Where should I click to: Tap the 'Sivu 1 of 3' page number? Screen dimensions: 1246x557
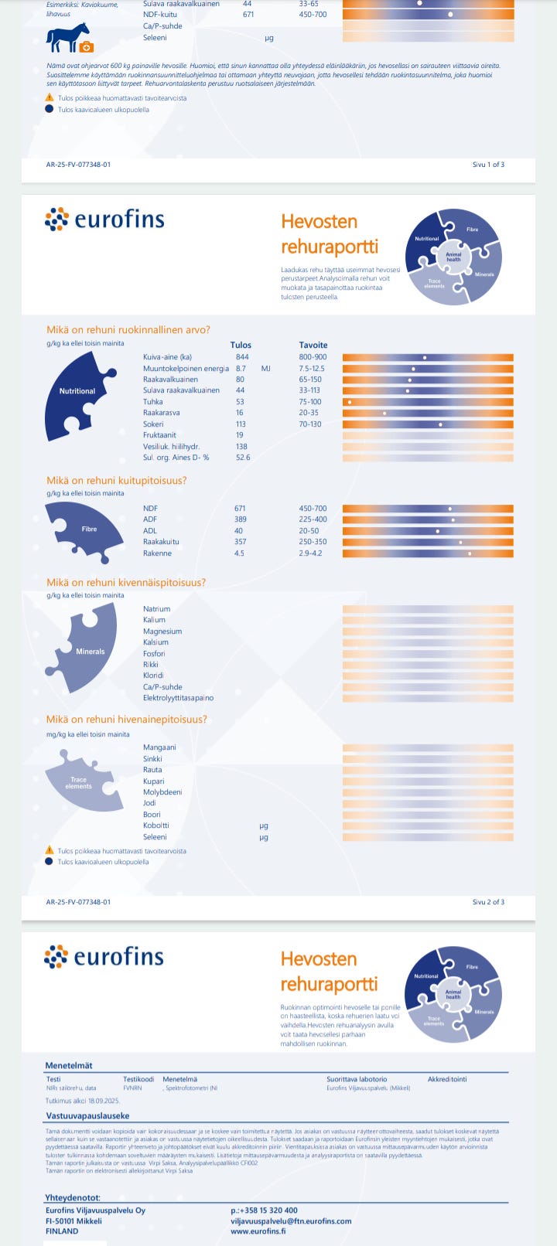pos(488,165)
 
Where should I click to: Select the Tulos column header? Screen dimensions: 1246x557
pos(241,346)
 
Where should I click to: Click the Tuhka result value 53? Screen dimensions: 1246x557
pos(240,402)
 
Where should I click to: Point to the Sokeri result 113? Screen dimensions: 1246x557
pos(240,424)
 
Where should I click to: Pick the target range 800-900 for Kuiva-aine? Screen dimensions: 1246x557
pos(313,357)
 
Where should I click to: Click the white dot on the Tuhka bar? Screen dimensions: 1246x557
pos(350,402)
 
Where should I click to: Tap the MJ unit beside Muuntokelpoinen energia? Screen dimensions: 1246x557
pos(266,369)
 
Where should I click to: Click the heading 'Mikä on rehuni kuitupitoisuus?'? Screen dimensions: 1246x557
pos(116,481)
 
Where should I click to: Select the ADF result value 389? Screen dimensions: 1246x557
pos(240,519)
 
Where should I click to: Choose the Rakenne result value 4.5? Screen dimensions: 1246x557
pos(240,553)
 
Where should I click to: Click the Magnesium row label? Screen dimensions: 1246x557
pos(162,632)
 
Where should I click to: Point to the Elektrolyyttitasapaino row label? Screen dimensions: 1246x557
pos(178,698)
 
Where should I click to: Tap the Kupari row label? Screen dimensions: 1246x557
pos(153,781)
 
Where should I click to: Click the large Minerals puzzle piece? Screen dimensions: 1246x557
pos(91,646)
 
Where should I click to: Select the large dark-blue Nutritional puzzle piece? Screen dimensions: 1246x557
pos(77,394)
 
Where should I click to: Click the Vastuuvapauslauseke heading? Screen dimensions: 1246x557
pos(87,1116)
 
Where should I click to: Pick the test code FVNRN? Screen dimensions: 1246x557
pos(132,1088)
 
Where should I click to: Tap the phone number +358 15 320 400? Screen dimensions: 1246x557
pos(264,1210)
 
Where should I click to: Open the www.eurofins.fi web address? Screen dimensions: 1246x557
pos(258,1231)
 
